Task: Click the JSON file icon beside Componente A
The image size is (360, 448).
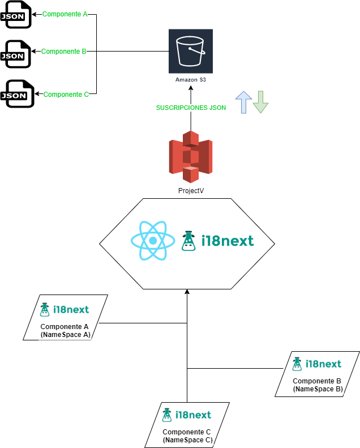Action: (15, 16)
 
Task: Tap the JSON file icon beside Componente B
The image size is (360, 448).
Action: (15, 54)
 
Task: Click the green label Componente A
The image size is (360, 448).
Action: (65, 14)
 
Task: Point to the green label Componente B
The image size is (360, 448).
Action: (64, 52)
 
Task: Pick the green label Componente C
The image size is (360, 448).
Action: (66, 95)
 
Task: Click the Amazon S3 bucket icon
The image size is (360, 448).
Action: (191, 50)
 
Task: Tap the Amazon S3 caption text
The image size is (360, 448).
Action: (191, 80)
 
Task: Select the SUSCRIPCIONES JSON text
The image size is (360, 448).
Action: (191, 108)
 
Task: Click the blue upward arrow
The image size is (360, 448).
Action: (243, 101)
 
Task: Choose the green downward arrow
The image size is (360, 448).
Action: (260, 101)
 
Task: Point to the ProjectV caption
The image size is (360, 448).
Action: (191, 191)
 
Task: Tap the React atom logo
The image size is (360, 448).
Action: (152, 241)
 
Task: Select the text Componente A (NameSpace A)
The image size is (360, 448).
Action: (66, 331)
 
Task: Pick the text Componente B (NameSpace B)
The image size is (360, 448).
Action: (318, 385)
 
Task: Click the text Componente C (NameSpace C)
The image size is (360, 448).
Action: (187, 436)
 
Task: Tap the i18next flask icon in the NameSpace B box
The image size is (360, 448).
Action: (297, 364)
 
